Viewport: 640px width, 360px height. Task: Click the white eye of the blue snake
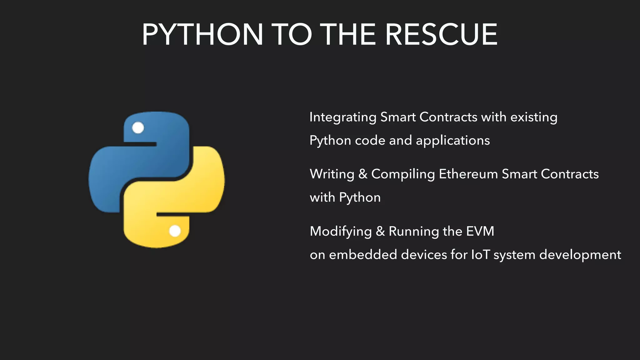pos(138,127)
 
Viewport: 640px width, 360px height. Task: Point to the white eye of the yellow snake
pos(175,231)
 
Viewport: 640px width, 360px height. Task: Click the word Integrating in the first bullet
pos(343,117)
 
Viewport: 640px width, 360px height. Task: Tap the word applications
pos(453,141)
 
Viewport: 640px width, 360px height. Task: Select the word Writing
pos(332,174)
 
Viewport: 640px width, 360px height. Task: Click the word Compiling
pos(403,174)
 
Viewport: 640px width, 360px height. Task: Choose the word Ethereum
pos(468,174)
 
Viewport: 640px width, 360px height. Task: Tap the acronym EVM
pos(480,231)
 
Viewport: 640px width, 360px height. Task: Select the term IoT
pos(481,254)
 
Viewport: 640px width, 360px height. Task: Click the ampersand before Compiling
pos(363,174)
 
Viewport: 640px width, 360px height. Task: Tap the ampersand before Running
pos(380,232)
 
